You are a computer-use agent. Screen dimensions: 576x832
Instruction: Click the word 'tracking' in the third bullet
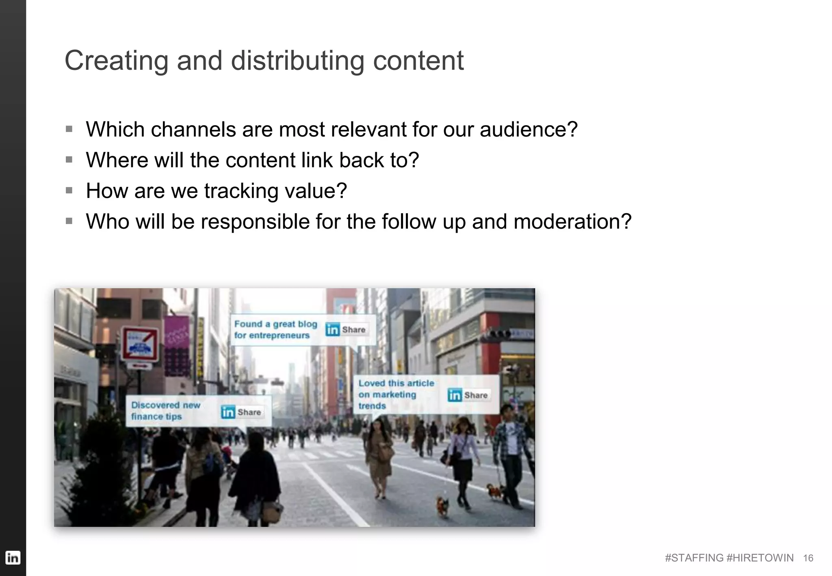tap(241, 191)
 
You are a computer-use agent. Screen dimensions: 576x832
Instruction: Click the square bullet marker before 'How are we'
tap(69, 191)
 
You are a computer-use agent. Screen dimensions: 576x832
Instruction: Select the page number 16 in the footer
tap(808, 558)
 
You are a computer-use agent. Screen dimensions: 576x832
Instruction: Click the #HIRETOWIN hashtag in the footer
tap(760, 558)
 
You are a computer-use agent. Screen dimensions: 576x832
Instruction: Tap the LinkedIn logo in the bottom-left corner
tap(13, 557)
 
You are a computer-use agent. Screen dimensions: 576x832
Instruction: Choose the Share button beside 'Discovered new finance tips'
tap(241, 412)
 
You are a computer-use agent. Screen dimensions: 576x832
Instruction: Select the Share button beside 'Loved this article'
tap(468, 395)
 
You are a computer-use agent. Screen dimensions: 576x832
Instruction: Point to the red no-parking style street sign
tap(141, 344)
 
